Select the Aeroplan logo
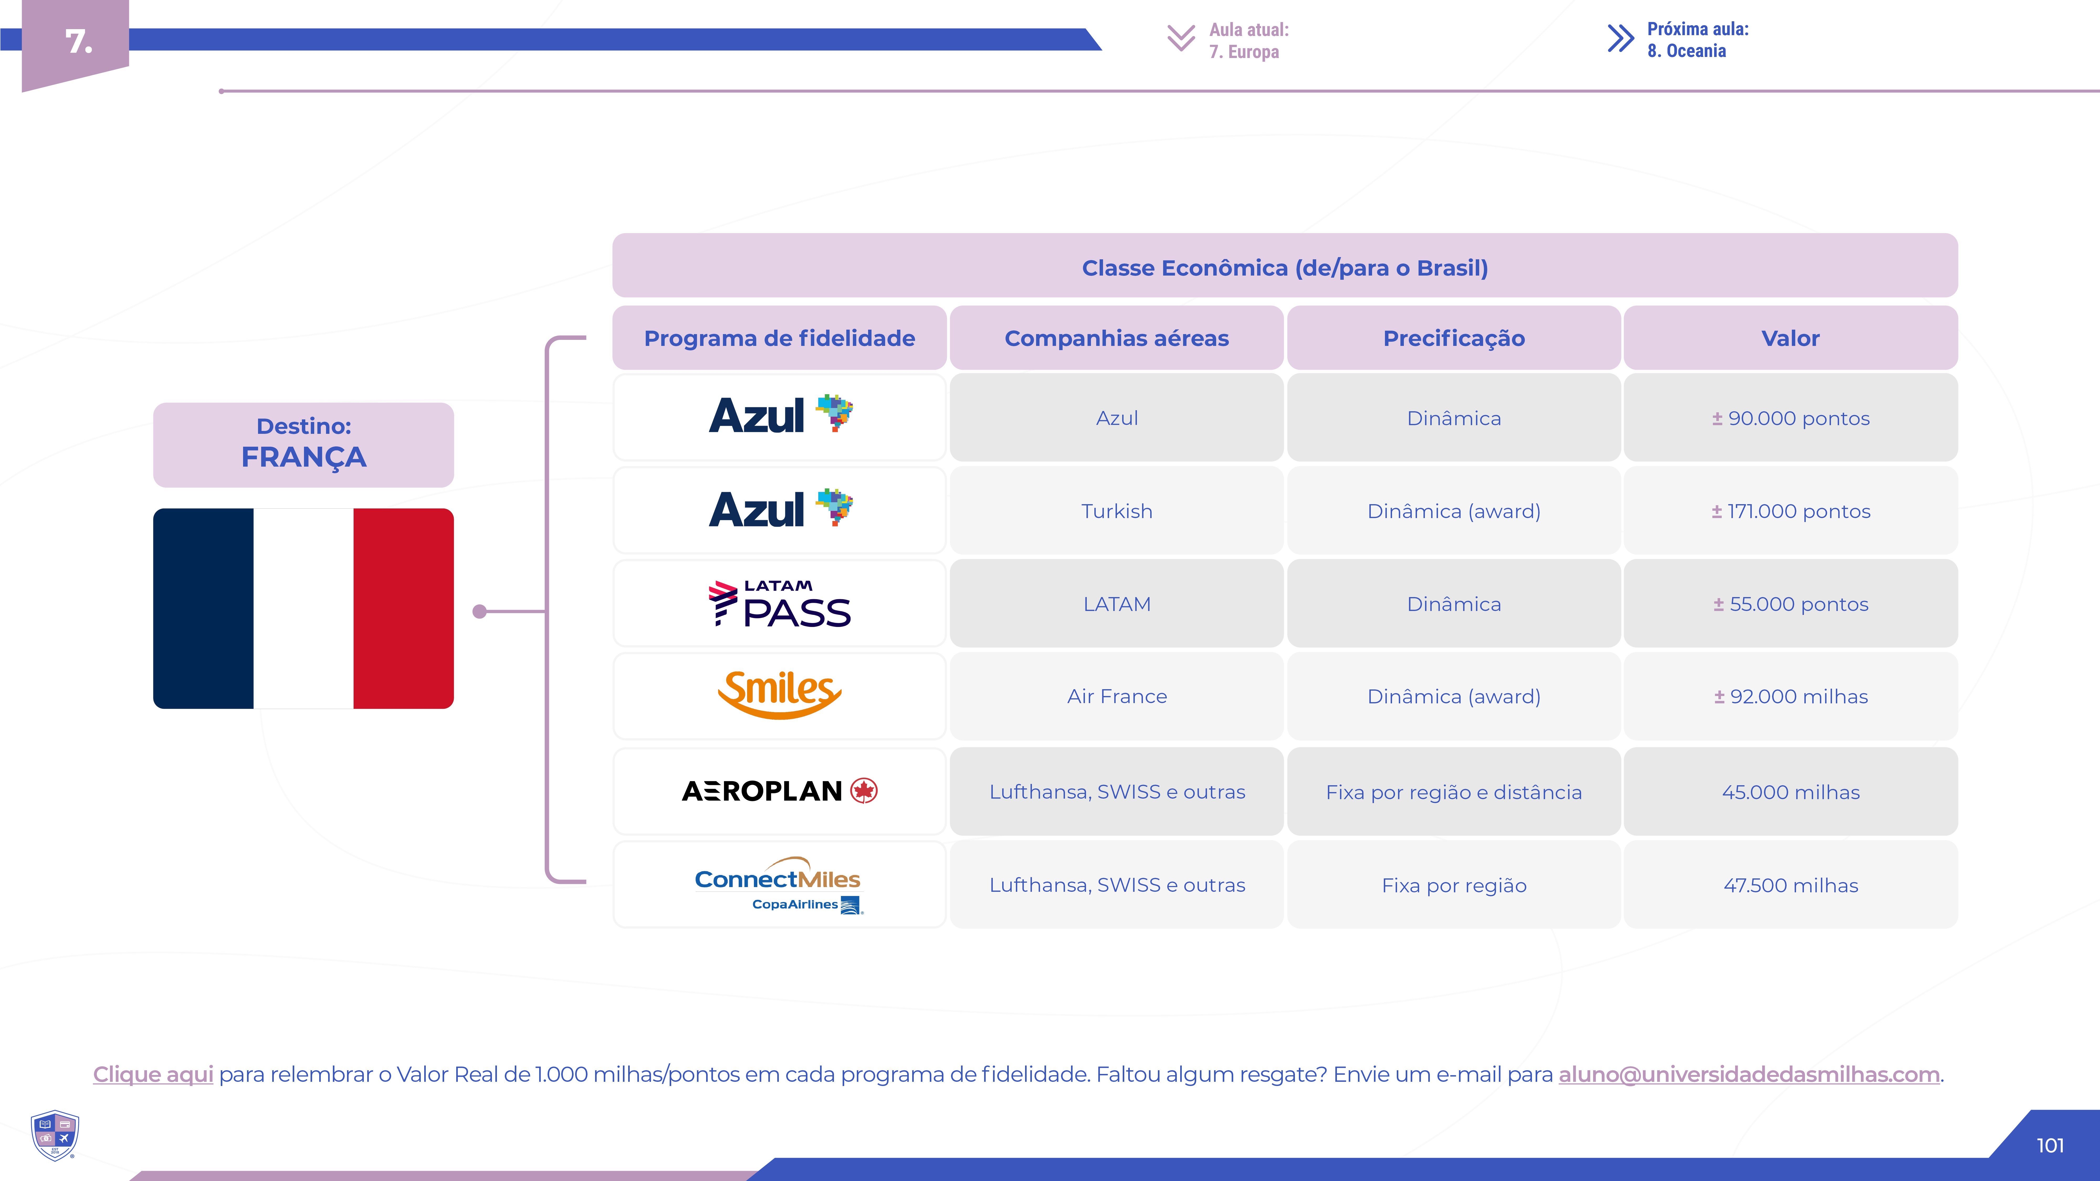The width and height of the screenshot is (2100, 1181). tap(779, 790)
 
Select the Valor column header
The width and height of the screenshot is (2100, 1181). tap(1790, 338)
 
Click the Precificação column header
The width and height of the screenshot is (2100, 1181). tap(1453, 338)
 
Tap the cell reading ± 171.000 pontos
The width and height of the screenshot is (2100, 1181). tap(1790, 511)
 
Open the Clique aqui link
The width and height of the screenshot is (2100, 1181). tap(153, 1074)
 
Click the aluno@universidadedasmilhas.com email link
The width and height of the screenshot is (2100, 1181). tap(1749, 1074)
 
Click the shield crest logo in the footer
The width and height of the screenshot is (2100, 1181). tap(55, 1135)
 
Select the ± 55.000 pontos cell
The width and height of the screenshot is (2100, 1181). tap(1790, 604)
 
